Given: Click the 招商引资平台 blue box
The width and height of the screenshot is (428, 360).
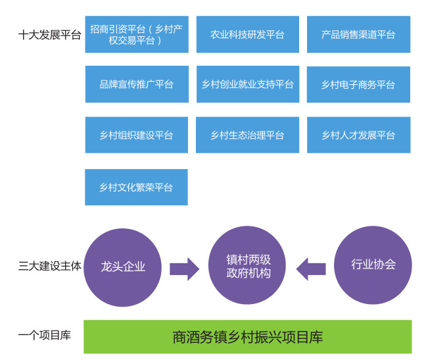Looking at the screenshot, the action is click(x=137, y=34).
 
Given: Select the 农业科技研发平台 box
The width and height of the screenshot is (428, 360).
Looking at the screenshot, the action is click(x=248, y=34).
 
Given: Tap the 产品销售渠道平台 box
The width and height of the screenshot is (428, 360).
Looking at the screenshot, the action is click(x=359, y=34).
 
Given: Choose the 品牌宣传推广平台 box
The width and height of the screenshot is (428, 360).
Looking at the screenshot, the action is click(x=137, y=84).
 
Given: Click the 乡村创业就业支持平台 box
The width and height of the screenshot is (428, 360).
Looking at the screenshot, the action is click(x=248, y=84).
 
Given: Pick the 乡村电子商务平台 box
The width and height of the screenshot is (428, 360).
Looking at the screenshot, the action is click(x=358, y=84).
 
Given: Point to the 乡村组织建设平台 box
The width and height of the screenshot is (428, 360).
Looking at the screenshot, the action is click(x=137, y=135).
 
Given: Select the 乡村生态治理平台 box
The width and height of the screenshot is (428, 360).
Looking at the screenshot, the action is click(x=248, y=135).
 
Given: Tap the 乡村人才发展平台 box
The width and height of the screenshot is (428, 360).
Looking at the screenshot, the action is click(x=359, y=135).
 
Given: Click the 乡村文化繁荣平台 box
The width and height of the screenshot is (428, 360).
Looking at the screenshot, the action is click(x=136, y=187).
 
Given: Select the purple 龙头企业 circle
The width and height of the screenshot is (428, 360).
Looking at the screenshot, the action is click(x=122, y=267).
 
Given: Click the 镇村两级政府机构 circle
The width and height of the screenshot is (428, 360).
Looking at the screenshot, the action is click(x=247, y=265).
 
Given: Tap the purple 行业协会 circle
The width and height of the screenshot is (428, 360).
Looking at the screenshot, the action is click(x=373, y=265).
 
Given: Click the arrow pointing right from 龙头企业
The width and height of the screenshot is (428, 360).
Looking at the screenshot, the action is click(x=185, y=269).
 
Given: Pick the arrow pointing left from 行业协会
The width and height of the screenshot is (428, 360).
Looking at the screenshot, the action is click(x=311, y=269).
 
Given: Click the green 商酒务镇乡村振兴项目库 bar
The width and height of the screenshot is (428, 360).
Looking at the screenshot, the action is click(x=248, y=337).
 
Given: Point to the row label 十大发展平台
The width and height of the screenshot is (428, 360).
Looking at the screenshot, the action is click(x=50, y=35).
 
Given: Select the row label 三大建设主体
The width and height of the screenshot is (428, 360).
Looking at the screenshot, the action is click(x=50, y=266).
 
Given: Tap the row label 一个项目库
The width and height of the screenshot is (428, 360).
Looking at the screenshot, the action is click(x=45, y=335).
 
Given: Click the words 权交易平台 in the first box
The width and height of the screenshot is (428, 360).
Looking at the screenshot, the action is click(x=132, y=40).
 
